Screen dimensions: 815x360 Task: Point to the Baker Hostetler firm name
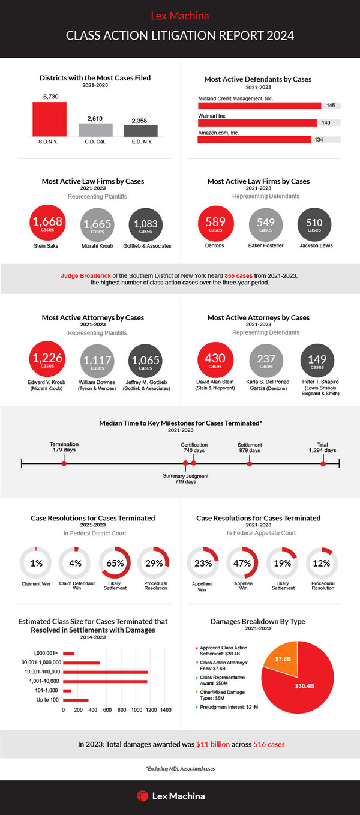266,245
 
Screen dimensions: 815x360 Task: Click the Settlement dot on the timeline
250,463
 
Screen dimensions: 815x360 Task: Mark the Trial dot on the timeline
323,463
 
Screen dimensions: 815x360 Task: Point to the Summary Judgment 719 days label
186,478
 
